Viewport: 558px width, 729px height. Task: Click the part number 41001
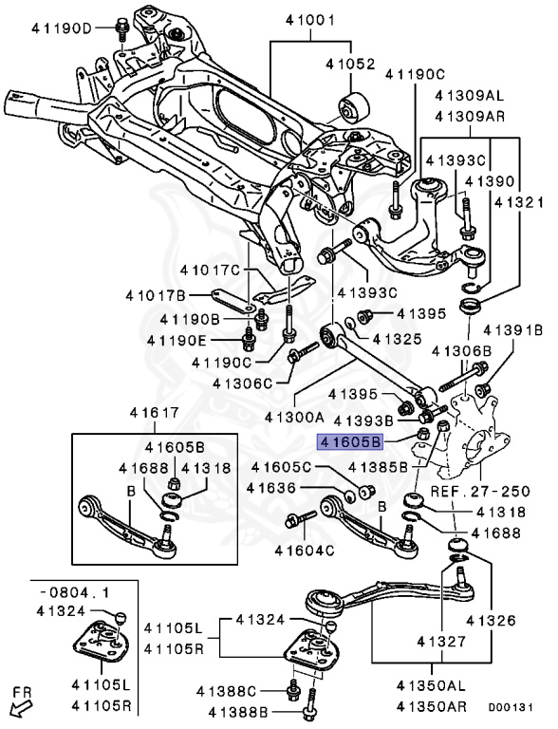tap(310, 21)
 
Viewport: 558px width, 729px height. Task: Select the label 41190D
tap(63, 28)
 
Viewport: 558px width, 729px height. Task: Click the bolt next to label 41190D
tap(122, 29)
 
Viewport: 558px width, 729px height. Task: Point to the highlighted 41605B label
tap(349, 441)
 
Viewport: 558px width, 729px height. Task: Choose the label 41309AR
tap(470, 116)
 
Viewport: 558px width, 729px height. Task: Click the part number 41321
tap(518, 203)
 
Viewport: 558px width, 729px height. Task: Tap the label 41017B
tap(156, 296)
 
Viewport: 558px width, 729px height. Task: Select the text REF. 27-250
tap(480, 491)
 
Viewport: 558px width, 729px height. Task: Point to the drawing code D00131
tap(511, 707)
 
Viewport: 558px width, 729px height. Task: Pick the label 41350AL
tap(431, 685)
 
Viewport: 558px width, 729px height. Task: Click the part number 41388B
tap(238, 712)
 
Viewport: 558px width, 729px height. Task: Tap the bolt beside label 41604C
tap(301, 518)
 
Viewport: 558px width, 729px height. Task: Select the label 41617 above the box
tap(155, 412)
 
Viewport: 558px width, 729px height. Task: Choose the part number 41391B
tap(512, 330)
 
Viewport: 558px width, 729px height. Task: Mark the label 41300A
tap(294, 417)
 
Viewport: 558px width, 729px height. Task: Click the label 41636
tap(271, 488)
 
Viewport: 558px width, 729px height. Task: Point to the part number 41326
tap(491, 620)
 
